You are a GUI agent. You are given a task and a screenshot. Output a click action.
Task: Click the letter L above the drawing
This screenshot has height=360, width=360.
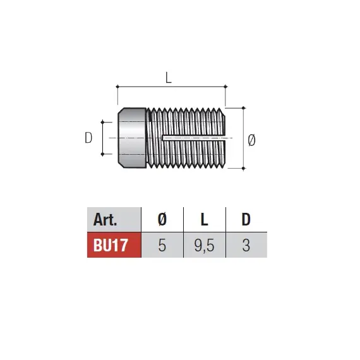[x=169, y=78]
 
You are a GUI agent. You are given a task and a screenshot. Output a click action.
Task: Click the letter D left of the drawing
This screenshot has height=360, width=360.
[x=88, y=138]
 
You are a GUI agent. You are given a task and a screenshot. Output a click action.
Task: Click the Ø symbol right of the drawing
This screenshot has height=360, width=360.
[x=251, y=140]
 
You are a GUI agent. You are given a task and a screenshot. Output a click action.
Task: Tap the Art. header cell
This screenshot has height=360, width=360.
[x=114, y=220]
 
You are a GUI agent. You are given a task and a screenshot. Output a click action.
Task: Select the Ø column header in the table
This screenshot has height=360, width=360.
[x=162, y=220]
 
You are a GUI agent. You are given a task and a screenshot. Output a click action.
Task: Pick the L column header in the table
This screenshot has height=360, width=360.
[x=205, y=220]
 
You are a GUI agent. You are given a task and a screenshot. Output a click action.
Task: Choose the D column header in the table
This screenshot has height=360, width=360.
[x=246, y=220]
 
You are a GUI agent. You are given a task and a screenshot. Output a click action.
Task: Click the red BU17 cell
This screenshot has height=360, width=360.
[x=114, y=245]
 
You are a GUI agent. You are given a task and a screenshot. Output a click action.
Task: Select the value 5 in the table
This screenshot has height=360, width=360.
[x=162, y=245]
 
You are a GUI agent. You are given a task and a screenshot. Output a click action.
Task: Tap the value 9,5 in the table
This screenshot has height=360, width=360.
[x=205, y=246]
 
